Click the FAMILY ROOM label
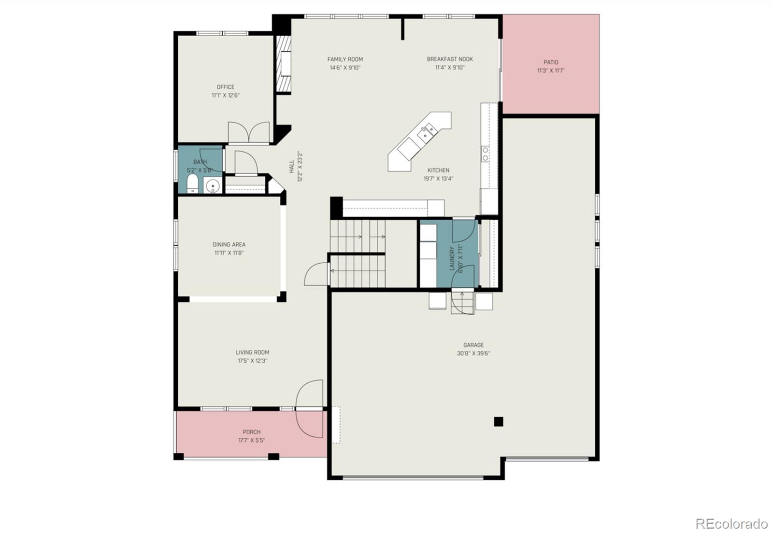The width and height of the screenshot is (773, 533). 345,59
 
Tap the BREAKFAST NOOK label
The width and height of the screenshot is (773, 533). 450,59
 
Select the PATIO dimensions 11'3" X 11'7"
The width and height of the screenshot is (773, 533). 551,70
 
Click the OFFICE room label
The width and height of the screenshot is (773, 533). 225,87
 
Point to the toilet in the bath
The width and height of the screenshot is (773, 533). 192,184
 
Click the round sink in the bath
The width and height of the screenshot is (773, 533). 212,185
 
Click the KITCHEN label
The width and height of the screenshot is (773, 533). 438,170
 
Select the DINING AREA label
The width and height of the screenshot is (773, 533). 229,244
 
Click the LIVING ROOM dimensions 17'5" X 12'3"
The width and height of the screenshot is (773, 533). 252,361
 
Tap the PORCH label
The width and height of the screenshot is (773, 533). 251,432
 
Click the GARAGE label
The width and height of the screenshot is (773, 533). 473,345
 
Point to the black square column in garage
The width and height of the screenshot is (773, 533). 499,421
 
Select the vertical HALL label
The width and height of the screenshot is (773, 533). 292,167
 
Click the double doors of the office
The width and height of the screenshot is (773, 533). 249,132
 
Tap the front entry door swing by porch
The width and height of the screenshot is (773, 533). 309,408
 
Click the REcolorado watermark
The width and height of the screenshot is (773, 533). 731,523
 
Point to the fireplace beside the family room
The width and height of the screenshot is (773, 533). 284,64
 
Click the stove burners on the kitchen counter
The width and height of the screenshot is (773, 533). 485,154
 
